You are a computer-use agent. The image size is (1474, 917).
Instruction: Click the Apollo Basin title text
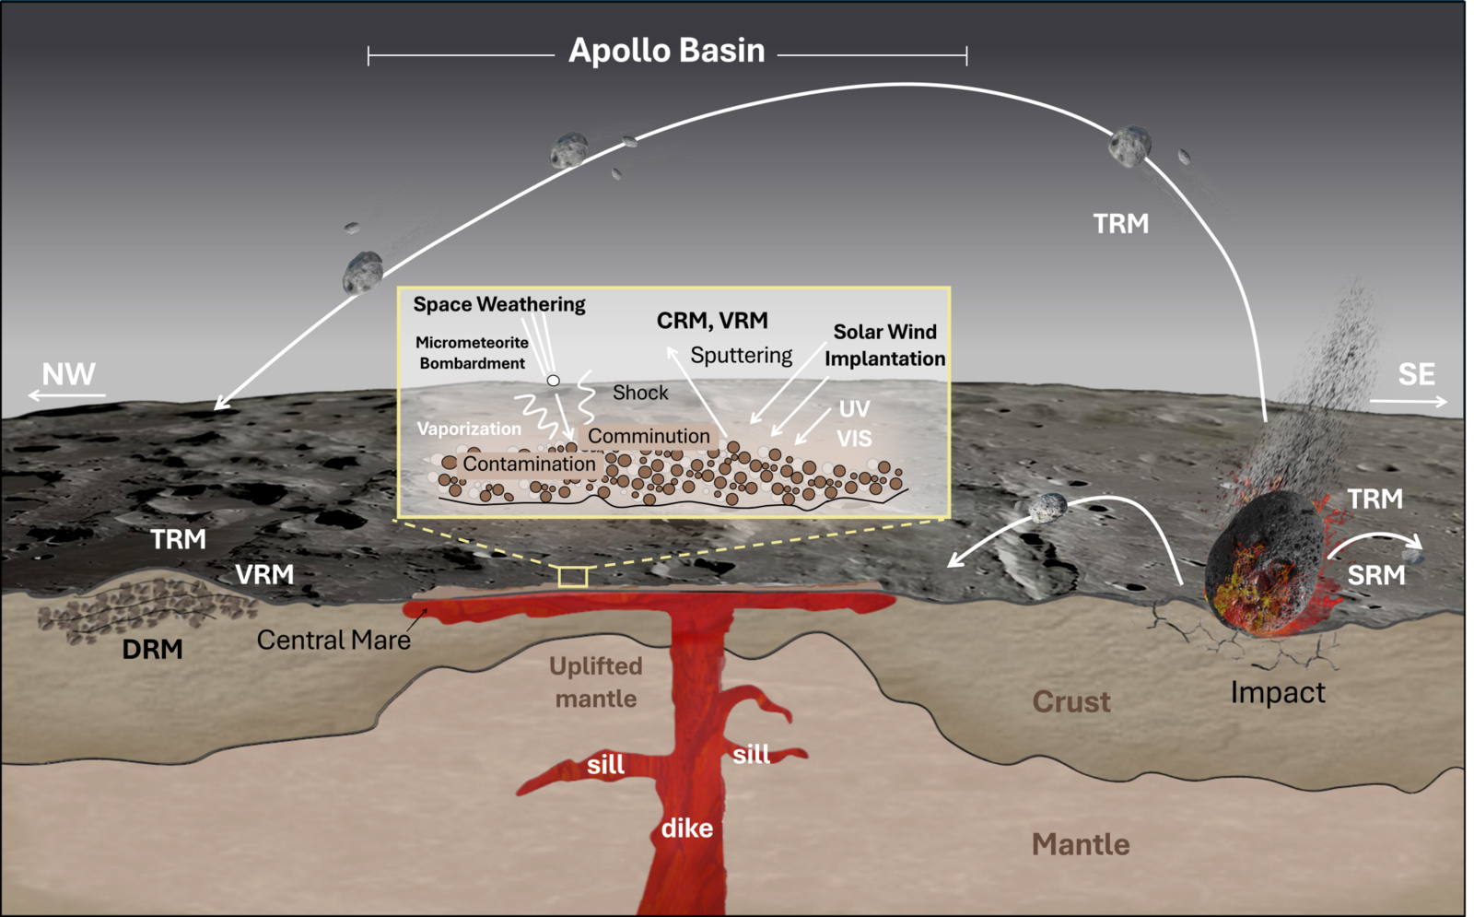[x=667, y=51]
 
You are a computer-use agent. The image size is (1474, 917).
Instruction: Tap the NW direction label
[x=68, y=374]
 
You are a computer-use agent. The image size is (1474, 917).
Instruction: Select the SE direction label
[x=1416, y=374]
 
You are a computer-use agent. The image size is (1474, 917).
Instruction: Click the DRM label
[x=153, y=650]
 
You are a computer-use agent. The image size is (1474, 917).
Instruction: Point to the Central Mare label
[x=333, y=640]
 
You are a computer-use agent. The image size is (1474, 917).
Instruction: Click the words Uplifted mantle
[x=596, y=682]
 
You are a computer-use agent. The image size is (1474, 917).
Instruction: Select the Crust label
[x=1071, y=701]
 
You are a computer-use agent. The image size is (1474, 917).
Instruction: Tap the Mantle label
[x=1081, y=844]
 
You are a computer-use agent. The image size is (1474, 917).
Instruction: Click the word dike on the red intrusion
[x=687, y=829]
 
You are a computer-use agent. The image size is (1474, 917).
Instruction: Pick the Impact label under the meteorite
[x=1278, y=693]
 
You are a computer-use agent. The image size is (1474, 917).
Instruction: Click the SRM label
[x=1376, y=575]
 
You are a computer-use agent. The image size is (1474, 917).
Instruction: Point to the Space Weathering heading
[x=499, y=304]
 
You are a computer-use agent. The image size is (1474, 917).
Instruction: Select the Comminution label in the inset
[x=649, y=436]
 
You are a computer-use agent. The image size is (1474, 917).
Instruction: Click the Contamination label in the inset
[x=529, y=464]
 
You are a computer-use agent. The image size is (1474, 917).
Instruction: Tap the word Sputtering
[x=741, y=356]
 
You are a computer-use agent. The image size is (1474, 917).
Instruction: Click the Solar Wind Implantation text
[x=885, y=345]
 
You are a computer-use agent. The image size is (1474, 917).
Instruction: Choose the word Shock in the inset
[x=640, y=393]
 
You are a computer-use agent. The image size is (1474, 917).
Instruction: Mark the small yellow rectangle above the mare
[x=572, y=577]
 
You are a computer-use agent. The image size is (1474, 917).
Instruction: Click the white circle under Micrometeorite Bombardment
[x=554, y=381]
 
